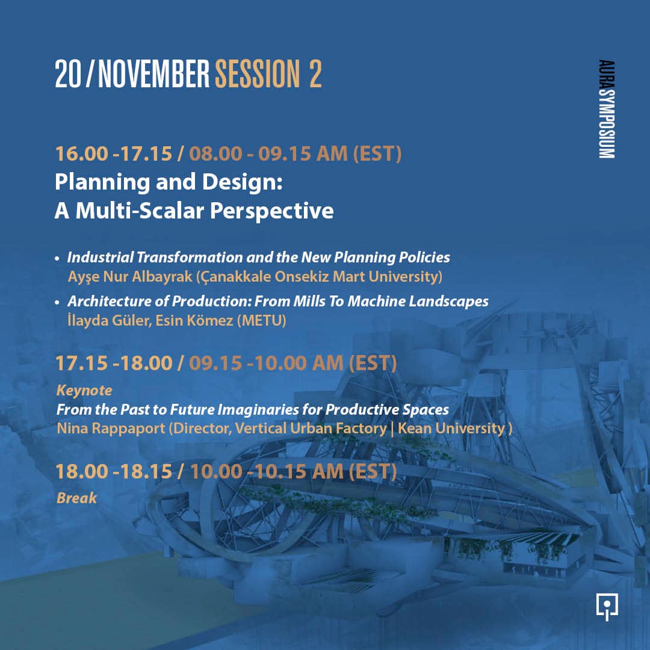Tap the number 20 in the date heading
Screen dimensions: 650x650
click(67, 74)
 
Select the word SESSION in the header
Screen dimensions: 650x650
click(257, 74)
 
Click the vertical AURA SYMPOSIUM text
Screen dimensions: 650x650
click(606, 109)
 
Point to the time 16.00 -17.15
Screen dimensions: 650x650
click(114, 153)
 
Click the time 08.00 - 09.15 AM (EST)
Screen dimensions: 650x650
click(295, 153)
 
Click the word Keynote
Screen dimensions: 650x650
click(84, 391)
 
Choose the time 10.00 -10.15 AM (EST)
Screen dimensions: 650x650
click(293, 471)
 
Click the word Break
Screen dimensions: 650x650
click(76, 498)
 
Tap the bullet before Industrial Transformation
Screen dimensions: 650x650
click(57, 258)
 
